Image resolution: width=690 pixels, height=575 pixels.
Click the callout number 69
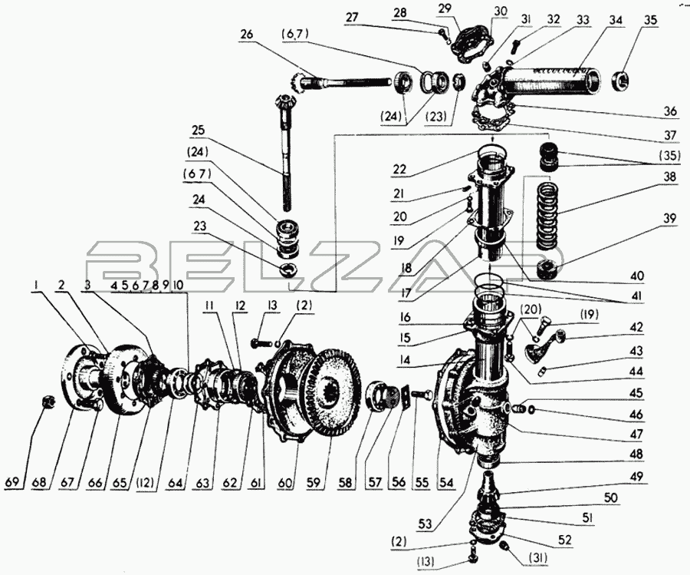tap(13, 482)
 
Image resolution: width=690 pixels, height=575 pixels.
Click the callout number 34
tap(616, 21)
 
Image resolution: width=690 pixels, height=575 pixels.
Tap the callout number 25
tap(198, 130)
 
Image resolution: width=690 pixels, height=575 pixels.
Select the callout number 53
tap(425, 524)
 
